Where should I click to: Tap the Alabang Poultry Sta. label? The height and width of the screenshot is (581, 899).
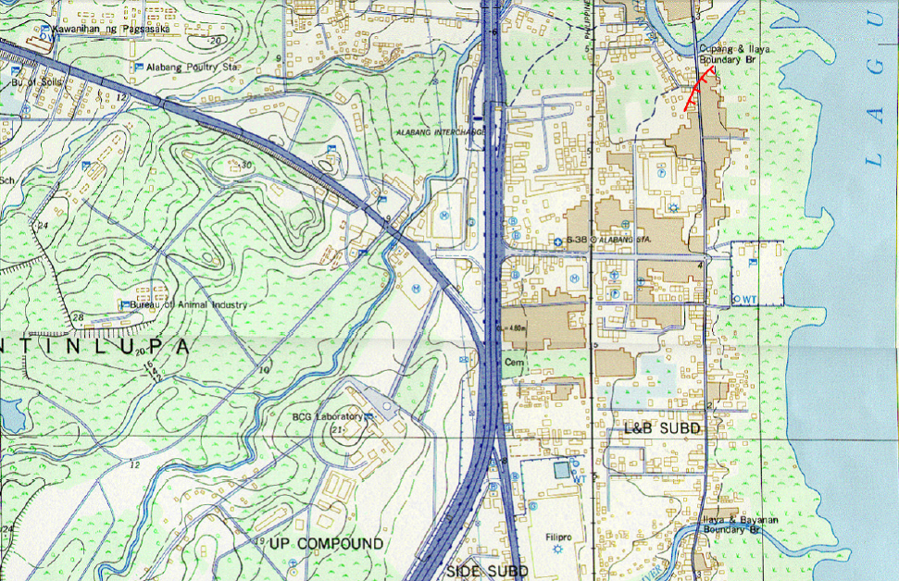186,68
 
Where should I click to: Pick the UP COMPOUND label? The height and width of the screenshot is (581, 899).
325,543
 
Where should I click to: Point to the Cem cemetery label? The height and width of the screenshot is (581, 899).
513,363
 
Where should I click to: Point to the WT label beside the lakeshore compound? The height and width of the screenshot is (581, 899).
749,299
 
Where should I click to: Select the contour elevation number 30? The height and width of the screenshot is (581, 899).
245,165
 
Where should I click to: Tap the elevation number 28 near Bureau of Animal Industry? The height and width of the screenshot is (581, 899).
79,317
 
